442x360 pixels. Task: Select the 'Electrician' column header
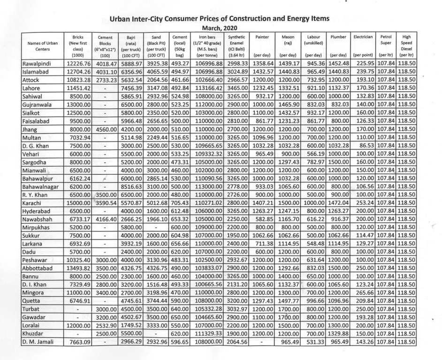point(363,37)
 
